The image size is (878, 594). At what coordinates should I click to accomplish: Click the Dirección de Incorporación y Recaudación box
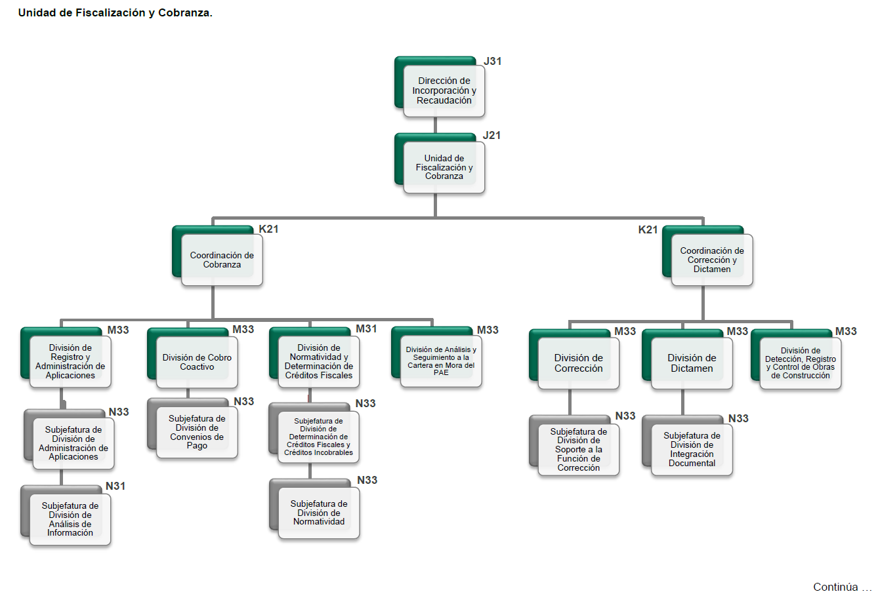tap(444, 91)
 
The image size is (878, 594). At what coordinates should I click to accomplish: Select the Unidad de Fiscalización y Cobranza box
tap(444, 167)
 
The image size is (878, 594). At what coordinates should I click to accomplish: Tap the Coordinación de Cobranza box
tap(222, 260)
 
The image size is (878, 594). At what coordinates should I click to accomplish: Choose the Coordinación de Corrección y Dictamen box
tap(712, 260)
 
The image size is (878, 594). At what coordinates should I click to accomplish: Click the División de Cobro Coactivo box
tap(197, 363)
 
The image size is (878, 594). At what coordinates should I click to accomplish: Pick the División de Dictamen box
tap(692, 363)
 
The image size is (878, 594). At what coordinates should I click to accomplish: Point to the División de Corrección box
tap(578, 363)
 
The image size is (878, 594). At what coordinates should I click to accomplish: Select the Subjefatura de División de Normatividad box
tap(319, 513)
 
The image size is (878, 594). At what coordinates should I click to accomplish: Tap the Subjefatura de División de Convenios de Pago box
tap(197, 432)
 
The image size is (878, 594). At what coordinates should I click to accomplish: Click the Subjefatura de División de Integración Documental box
tap(692, 449)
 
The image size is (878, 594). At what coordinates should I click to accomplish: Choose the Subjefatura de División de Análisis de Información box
tap(70, 519)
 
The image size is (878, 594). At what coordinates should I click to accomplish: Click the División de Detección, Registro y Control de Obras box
tap(801, 363)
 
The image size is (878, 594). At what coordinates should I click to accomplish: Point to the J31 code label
tap(493, 62)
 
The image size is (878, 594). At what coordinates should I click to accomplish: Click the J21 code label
tap(492, 136)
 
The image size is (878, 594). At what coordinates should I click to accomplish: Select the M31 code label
tap(366, 329)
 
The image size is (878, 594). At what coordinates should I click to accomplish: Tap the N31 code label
tap(115, 486)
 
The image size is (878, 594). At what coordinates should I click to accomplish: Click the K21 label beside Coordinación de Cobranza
tap(269, 229)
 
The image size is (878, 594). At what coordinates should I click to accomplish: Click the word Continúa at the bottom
tap(835, 587)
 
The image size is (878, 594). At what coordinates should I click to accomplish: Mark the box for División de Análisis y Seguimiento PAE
tap(441, 361)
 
